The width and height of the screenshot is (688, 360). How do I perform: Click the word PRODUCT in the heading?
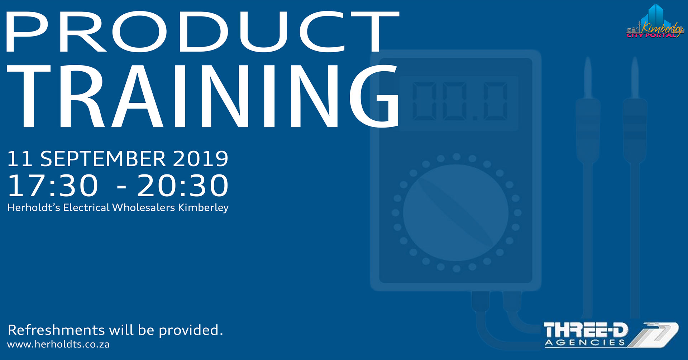[x=203, y=32]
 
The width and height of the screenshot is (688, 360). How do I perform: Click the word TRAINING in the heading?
[x=203, y=96]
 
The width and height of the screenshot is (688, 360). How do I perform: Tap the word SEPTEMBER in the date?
[x=103, y=159]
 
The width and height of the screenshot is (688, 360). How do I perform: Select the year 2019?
[x=201, y=159]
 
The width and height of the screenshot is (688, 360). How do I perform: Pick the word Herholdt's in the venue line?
[x=34, y=208]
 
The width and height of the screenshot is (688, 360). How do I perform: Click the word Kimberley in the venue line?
[x=203, y=208]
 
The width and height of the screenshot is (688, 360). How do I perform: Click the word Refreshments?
[x=56, y=330]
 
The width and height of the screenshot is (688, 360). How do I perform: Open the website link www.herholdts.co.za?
[x=58, y=345]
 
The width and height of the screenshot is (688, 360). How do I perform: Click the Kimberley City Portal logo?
[x=655, y=21]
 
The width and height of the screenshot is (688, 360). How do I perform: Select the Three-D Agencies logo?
[x=611, y=335]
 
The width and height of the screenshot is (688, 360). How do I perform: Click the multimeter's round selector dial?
[x=456, y=213]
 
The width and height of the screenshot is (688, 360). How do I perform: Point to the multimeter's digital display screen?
[x=459, y=102]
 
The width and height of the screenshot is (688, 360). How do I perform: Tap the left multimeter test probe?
[x=588, y=186]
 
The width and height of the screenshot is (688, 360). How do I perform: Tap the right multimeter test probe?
[x=635, y=186]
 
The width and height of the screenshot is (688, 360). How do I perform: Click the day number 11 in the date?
[x=20, y=159]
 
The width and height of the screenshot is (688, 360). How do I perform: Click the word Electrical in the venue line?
[x=86, y=208]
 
